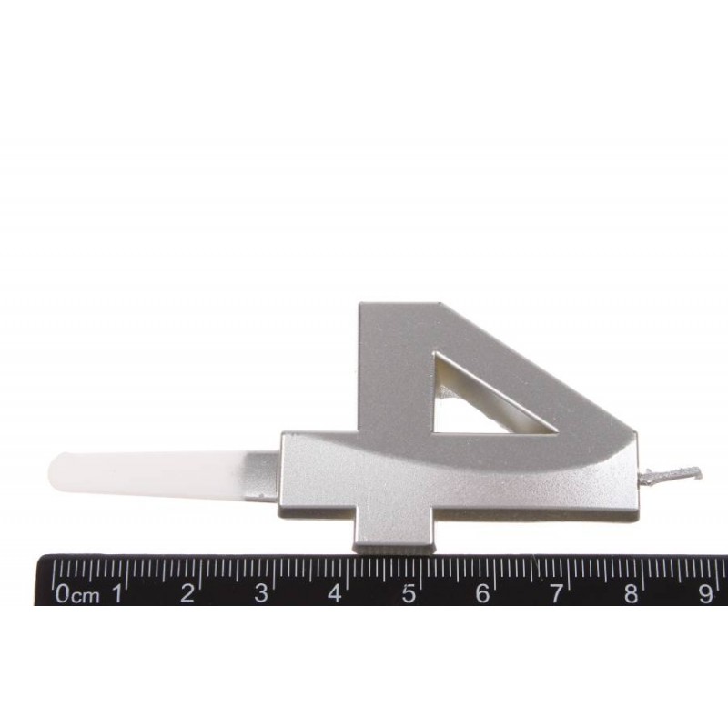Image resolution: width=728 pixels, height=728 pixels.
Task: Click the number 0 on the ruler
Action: [x=63, y=594]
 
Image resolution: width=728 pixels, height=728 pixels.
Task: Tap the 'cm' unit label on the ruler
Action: [x=85, y=596]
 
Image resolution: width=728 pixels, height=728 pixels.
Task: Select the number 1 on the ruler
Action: [x=118, y=593]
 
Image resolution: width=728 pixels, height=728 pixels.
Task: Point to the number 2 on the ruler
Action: [x=187, y=593]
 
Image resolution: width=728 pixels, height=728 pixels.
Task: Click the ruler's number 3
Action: [x=261, y=593]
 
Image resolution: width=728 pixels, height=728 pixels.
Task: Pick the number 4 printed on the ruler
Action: [x=334, y=593]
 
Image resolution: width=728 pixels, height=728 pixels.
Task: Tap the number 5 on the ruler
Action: [x=408, y=593]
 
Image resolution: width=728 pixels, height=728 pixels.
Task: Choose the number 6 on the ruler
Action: [x=482, y=593]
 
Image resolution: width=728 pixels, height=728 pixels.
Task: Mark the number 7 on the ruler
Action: [x=556, y=593]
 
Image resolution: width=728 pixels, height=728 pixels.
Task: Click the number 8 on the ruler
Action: [x=631, y=593]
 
